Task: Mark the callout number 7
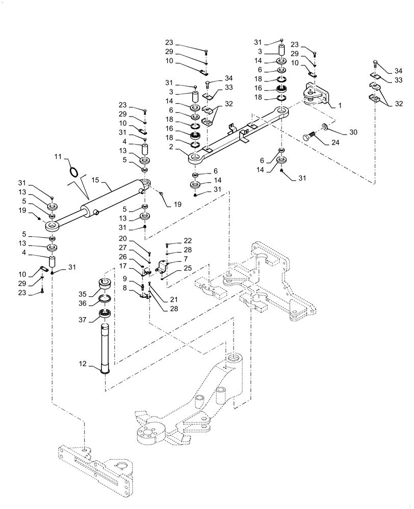coord(172,259)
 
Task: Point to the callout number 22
coord(173,240)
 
